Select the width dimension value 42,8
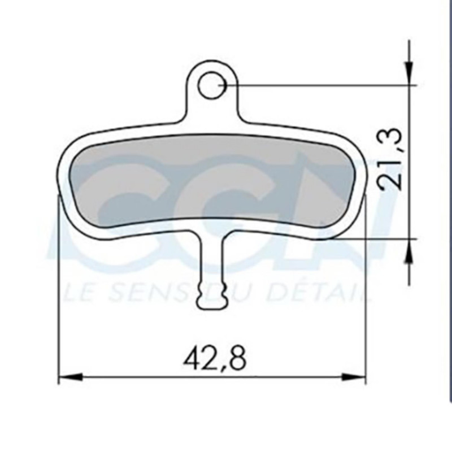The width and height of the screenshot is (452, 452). [214, 359]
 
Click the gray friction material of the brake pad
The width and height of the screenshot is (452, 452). [215, 181]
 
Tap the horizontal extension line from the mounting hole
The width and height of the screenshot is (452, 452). [316, 85]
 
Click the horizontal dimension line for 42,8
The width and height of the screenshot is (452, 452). [141, 377]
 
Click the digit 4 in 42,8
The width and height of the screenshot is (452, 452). [192, 359]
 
